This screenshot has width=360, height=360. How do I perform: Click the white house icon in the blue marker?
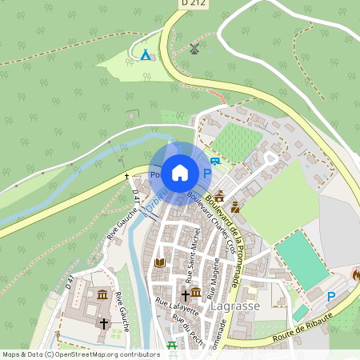180,172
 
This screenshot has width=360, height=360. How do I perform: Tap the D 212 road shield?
185,4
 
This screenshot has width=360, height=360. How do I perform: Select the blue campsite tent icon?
146,54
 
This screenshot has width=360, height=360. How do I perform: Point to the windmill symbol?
193,49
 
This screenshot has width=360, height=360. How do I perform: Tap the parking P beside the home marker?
208,173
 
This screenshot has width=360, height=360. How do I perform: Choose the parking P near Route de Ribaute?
331,297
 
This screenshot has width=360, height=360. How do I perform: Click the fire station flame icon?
356,274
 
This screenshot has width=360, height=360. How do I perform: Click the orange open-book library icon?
160,262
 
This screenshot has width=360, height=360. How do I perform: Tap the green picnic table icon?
172,346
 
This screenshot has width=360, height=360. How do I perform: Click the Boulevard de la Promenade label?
222,232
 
